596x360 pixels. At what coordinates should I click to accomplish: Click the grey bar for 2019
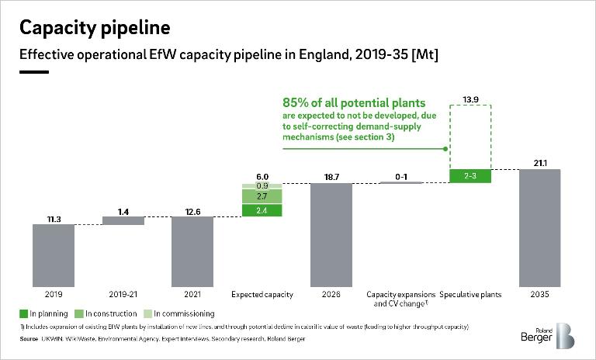point(54,254)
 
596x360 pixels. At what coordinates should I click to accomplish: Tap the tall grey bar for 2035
point(539,226)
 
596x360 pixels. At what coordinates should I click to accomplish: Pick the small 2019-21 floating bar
point(123,220)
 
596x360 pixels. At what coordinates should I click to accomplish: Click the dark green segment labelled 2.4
point(262,210)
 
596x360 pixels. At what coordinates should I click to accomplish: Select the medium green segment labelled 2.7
point(262,197)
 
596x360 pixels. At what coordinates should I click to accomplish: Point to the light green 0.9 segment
point(262,186)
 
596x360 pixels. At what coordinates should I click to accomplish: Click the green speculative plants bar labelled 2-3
point(470,176)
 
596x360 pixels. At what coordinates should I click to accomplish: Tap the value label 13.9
point(470,99)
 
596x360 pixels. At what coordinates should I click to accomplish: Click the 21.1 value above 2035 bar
point(539,162)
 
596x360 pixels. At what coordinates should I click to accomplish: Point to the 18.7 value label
point(331,177)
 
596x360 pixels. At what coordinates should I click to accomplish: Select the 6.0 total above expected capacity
point(262,176)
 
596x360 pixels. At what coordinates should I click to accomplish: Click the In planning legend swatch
point(23,313)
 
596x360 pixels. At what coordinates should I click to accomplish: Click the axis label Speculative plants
point(470,295)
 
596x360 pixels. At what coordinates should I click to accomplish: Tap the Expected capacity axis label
point(262,295)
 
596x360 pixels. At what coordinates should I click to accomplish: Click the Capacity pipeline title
point(94,29)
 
